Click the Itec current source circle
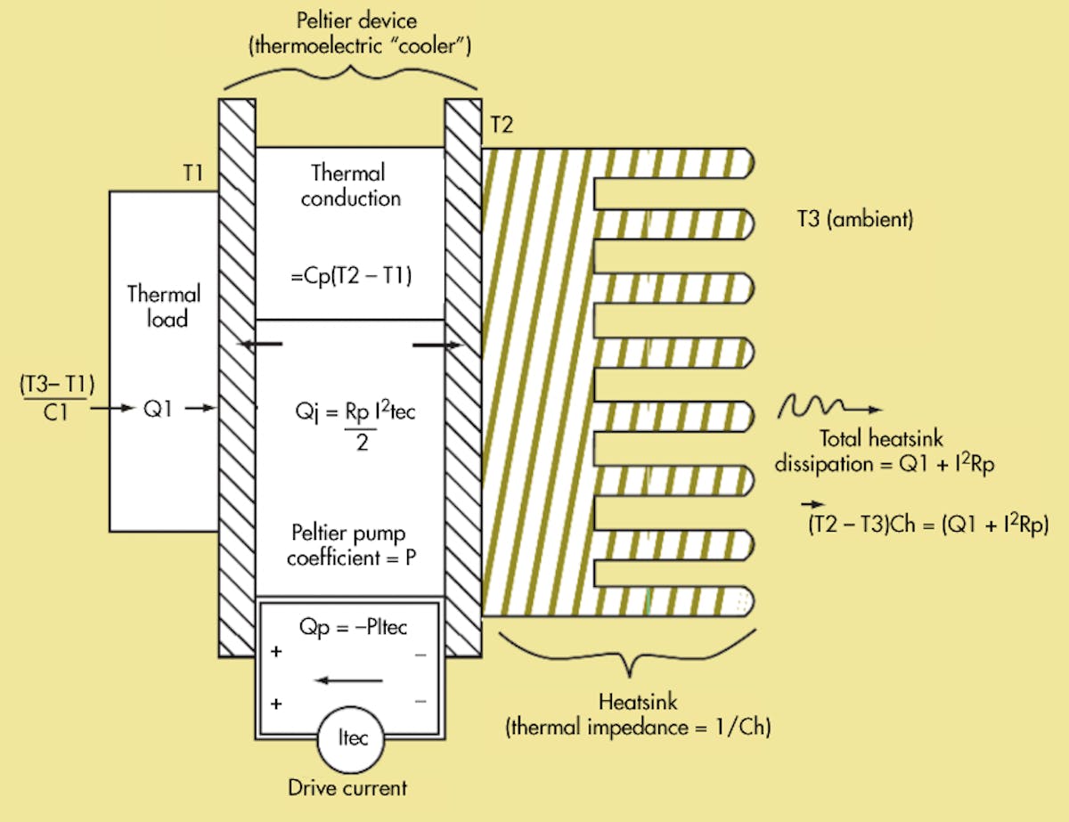[x=349, y=739]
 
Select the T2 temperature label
[x=501, y=126]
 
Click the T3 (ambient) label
[x=855, y=220]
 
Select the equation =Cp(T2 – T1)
[x=350, y=276]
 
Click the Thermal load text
[x=164, y=305]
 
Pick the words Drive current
[x=347, y=787]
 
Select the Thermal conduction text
[x=350, y=184]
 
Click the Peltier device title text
[x=349, y=33]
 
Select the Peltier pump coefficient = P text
[x=350, y=547]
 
